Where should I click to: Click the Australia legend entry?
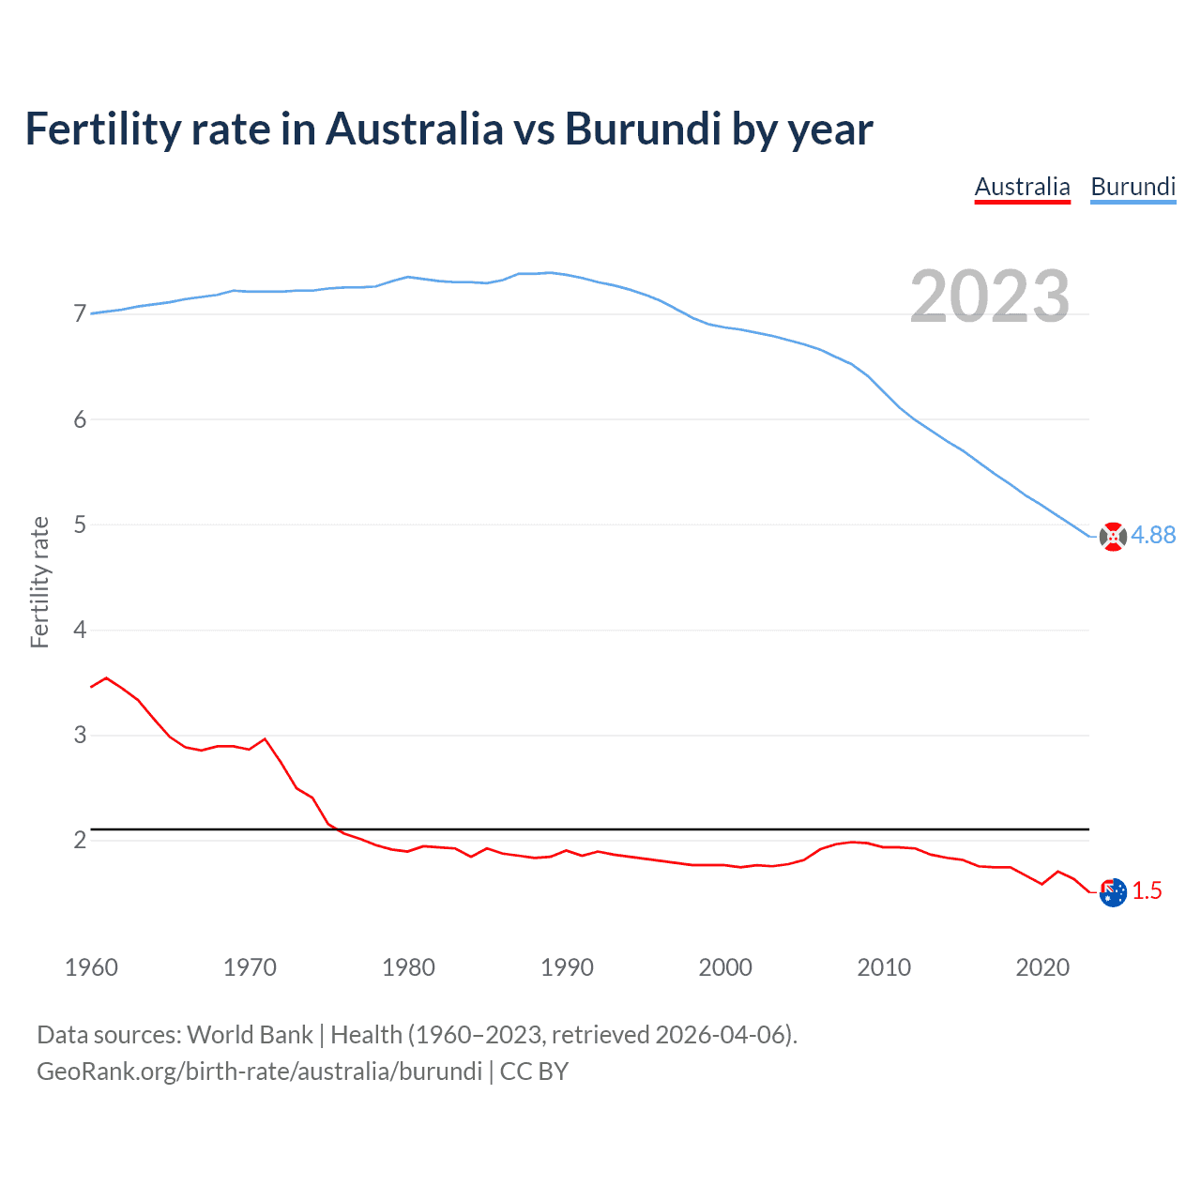1022,187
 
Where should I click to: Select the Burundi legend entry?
1133,187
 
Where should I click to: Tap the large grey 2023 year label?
990,296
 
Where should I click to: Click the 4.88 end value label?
1153,535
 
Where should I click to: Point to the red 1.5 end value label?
1147,890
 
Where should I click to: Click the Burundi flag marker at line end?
1113,537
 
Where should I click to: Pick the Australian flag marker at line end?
1113,892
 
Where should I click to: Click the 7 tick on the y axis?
80,313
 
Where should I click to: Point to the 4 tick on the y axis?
80,630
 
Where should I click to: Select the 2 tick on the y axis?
80,840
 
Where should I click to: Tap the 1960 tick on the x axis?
91,967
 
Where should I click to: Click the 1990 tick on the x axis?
567,967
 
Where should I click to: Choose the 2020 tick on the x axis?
1042,967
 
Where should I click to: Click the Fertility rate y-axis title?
39,582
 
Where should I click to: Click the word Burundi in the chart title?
643,129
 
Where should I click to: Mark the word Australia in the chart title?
415,129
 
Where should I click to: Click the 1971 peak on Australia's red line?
265,739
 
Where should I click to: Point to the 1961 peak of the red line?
106,677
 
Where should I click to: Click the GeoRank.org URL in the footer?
259,1072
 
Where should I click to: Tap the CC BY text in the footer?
534,1072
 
